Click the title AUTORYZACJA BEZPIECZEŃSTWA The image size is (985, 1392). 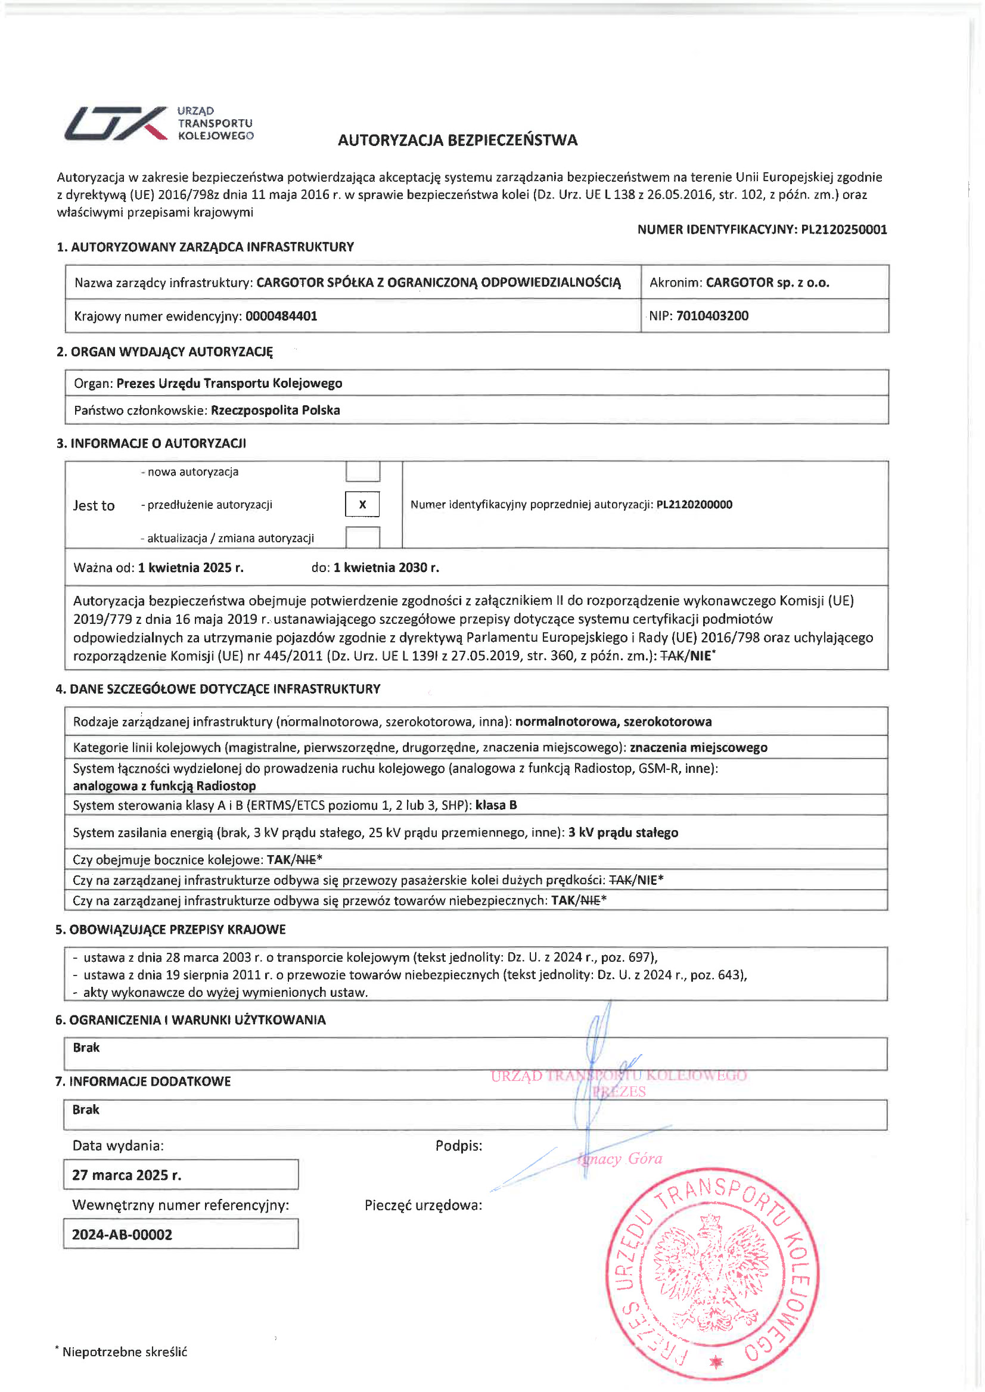pyautogui.click(x=457, y=140)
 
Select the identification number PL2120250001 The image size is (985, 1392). pyautogui.click(x=844, y=229)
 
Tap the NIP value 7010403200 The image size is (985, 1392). pyautogui.click(x=712, y=315)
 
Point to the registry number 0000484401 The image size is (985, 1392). pyautogui.click(x=281, y=316)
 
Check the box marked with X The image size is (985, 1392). pyautogui.click(x=362, y=504)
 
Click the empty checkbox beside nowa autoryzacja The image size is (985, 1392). pyautogui.click(x=362, y=471)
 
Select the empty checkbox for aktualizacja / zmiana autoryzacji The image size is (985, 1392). pyautogui.click(x=362, y=537)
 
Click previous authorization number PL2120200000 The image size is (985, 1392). pyautogui.click(x=694, y=505)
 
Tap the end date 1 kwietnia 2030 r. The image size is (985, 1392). pyautogui.click(x=386, y=568)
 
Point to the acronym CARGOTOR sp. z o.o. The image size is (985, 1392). pyautogui.click(x=768, y=282)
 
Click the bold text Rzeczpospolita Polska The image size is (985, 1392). pyautogui.click(x=275, y=410)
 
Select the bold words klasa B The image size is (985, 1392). pyautogui.click(x=496, y=806)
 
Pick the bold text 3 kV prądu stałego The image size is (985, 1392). pyautogui.click(x=623, y=833)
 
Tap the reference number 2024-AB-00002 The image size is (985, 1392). pyautogui.click(x=122, y=1234)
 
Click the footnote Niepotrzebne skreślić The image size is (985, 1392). pyautogui.click(x=125, y=1352)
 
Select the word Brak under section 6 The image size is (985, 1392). pyautogui.click(x=86, y=1048)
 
